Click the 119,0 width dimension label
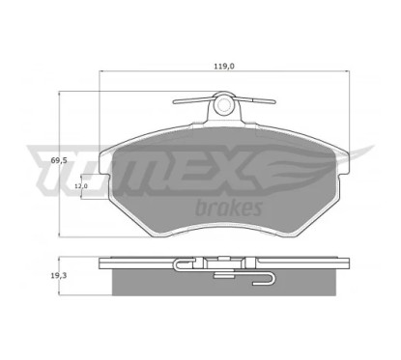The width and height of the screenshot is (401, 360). [224, 67]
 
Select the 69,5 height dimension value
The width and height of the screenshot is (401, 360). [58, 160]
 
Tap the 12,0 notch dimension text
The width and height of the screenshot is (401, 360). [81, 185]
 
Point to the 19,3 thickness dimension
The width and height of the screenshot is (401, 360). [58, 275]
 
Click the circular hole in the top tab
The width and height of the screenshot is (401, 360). [223, 103]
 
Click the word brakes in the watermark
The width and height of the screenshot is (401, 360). [228, 208]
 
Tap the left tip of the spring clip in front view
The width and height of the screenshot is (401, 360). [174, 102]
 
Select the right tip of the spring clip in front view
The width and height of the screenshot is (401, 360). [274, 102]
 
